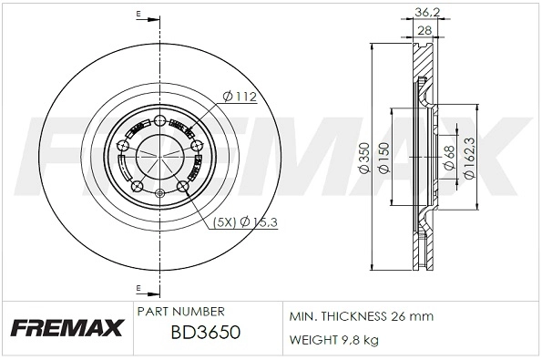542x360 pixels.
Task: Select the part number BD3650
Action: click(206, 334)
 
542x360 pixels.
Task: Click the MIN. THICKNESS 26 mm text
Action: click(361, 316)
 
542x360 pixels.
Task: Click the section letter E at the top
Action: click(138, 15)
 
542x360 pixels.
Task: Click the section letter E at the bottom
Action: click(138, 289)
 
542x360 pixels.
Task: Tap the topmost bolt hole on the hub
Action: click(159, 120)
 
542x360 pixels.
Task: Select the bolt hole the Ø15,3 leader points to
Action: click(182, 188)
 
